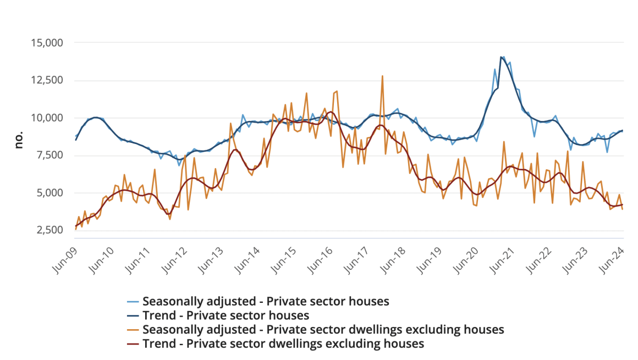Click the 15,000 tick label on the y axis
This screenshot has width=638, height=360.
(46, 43)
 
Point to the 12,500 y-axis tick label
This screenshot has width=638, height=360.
(46, 80)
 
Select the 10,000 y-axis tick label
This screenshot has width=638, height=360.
(46, 118)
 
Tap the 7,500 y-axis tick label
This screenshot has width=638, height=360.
(48, 156)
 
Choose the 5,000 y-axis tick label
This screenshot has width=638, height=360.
(48, 193)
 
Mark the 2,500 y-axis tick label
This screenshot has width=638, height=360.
(48, 230)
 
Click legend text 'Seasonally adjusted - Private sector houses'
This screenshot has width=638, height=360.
(266, 301)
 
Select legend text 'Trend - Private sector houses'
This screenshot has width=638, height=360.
(226, 315)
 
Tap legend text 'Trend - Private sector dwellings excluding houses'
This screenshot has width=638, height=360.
(283, 344)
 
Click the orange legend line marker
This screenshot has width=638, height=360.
(133, 330)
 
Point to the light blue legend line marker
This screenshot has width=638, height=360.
(133, 301)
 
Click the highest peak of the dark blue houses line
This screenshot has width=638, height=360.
(501, 57)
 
